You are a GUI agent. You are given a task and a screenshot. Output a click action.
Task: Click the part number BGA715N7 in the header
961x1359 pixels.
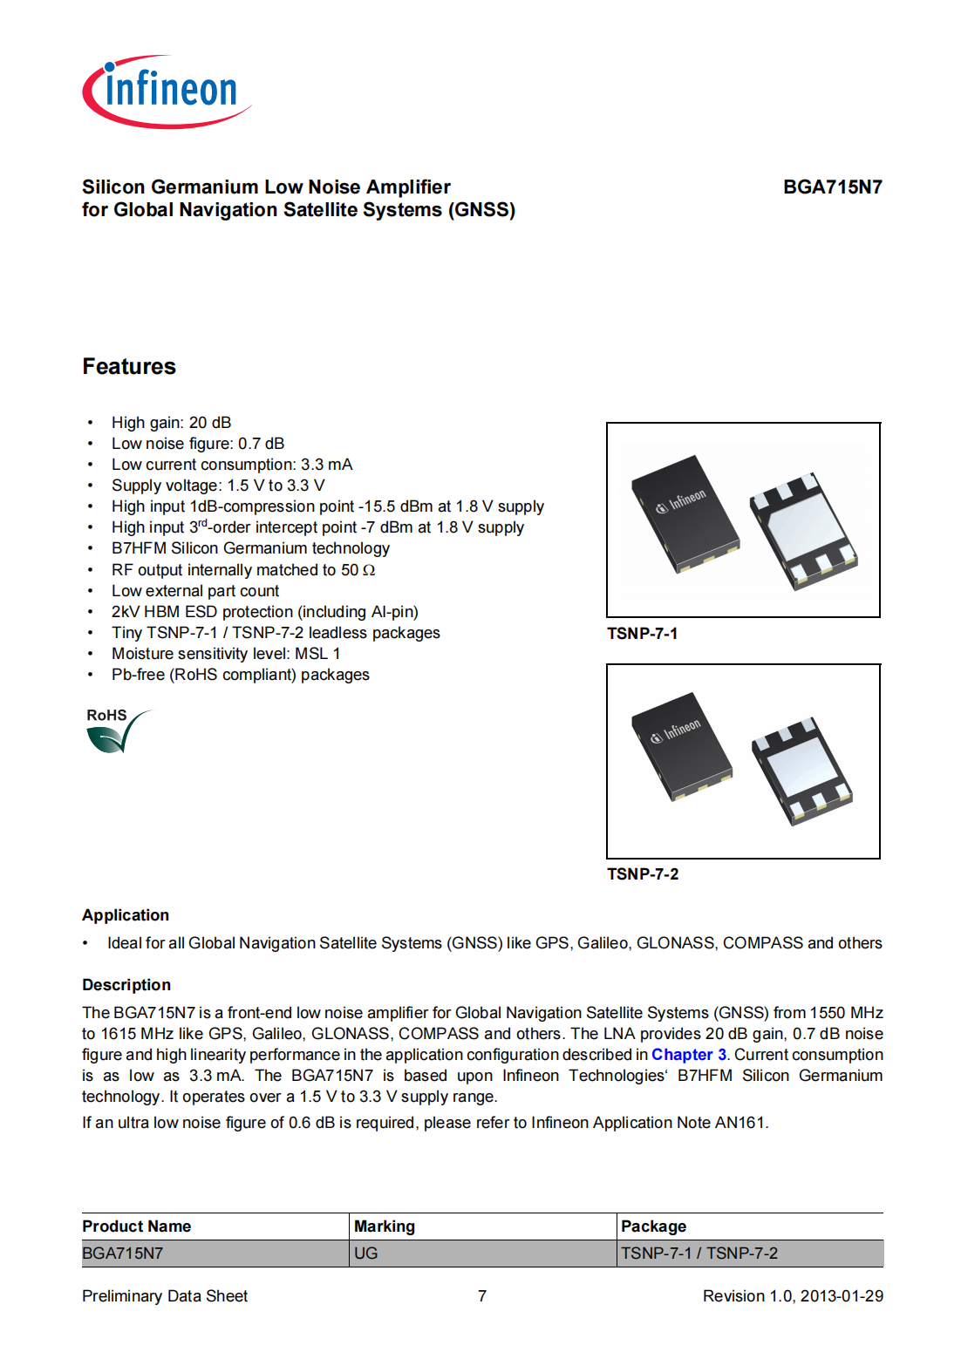(x=832, y=187)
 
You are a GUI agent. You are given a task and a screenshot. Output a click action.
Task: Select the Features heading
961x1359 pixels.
(x=129, y=367)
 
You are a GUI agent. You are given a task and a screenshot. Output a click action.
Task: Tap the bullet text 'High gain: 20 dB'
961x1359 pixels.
(x=171, y=423)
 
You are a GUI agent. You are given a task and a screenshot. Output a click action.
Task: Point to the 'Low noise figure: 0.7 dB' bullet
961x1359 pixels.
(x=197, y=444)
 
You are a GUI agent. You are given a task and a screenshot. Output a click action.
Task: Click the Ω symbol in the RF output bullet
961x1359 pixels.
(x=369, y=570)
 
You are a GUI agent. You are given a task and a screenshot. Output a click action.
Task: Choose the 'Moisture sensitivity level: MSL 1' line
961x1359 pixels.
(x=226, y=654)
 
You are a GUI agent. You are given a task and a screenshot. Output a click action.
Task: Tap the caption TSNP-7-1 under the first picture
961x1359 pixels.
(x=642, y=634)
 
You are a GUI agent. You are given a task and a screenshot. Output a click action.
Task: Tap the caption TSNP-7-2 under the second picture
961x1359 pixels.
(x=643, y=874)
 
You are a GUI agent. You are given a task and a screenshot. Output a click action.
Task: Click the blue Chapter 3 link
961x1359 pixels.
(x=689, y=1055)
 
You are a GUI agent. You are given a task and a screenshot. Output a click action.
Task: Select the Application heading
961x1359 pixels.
(x=126, y=915)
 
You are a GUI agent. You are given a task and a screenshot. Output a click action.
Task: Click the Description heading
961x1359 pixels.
(x=126, y=985)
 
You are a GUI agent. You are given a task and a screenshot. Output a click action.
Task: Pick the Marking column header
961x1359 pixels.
(x=385, y=1226)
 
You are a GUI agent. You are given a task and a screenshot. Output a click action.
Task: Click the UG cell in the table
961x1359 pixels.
(x=366, y=1254)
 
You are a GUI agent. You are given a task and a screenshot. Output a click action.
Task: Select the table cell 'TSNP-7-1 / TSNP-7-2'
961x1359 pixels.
(x=699, y=1254)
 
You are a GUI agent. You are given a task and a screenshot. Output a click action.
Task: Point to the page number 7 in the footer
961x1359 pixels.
(x=482, y=1296)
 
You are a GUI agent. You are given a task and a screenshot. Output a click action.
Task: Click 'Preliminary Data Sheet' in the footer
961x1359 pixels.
(x=165, y=1296)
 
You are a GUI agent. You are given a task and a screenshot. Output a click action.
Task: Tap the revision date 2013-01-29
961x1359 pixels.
(x=842, y=1296)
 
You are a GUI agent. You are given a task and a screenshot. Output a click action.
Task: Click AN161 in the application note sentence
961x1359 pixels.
(x=739, y=1123)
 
